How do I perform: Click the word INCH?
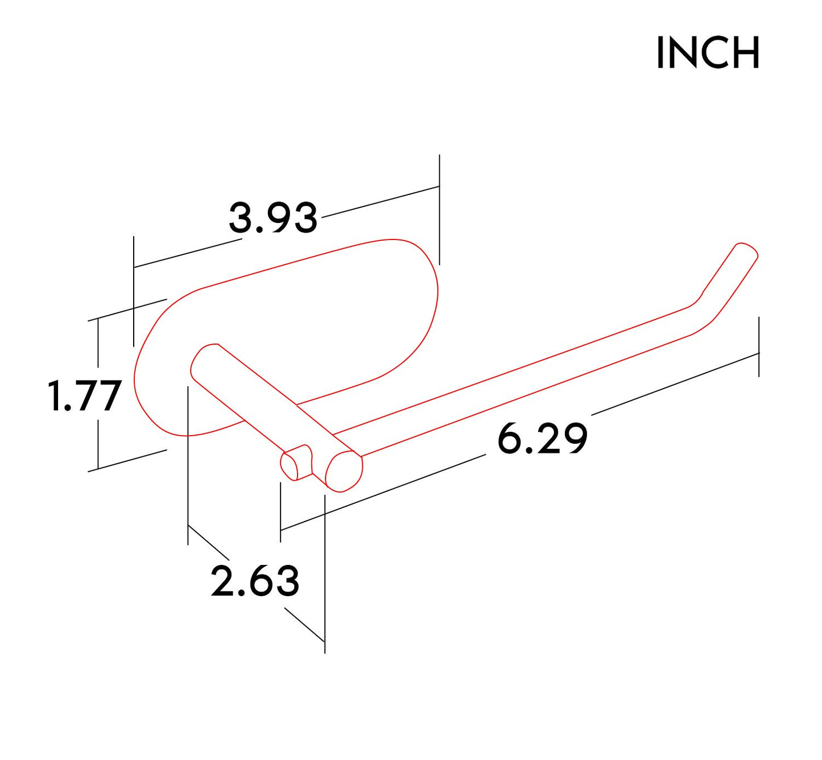(x=708, y=53)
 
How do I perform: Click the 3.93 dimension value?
(x=272, y=218)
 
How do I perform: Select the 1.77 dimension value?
(x=85, y=396)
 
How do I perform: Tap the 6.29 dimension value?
(x=542, y=439)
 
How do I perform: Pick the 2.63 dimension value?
(x=255, y=581)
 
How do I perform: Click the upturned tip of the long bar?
(x=745, y=253)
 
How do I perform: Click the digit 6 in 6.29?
(x=509, y=439)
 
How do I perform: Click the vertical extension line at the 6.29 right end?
(x=759, y=347)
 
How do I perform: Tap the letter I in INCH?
(x=660, y=53)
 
